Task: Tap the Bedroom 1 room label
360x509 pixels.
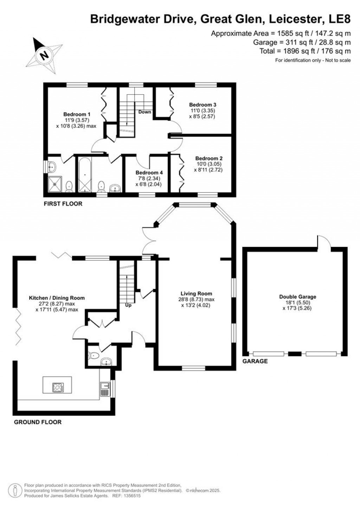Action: tap(77, 114)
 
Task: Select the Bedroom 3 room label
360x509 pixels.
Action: tap(202, 105)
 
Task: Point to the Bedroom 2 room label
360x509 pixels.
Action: tap(209, 158)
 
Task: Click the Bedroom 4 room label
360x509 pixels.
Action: tap(149, 173)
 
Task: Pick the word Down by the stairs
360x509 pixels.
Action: tap(144, 112)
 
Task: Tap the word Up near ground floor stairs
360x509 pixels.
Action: tap(128, 305)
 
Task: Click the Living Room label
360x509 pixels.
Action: tap(196, 293)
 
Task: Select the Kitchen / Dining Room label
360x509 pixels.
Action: tap(57, 298)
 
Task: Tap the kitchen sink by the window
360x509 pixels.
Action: tap(104, 389)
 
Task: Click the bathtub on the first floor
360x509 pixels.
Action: tap(85, 174)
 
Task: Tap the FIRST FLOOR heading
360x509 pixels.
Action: tap(63, 204)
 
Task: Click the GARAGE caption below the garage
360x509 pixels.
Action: tap(255, 361)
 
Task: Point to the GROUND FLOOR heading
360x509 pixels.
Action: tap(38, 422)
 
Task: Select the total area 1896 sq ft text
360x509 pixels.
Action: tap(305, 51)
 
